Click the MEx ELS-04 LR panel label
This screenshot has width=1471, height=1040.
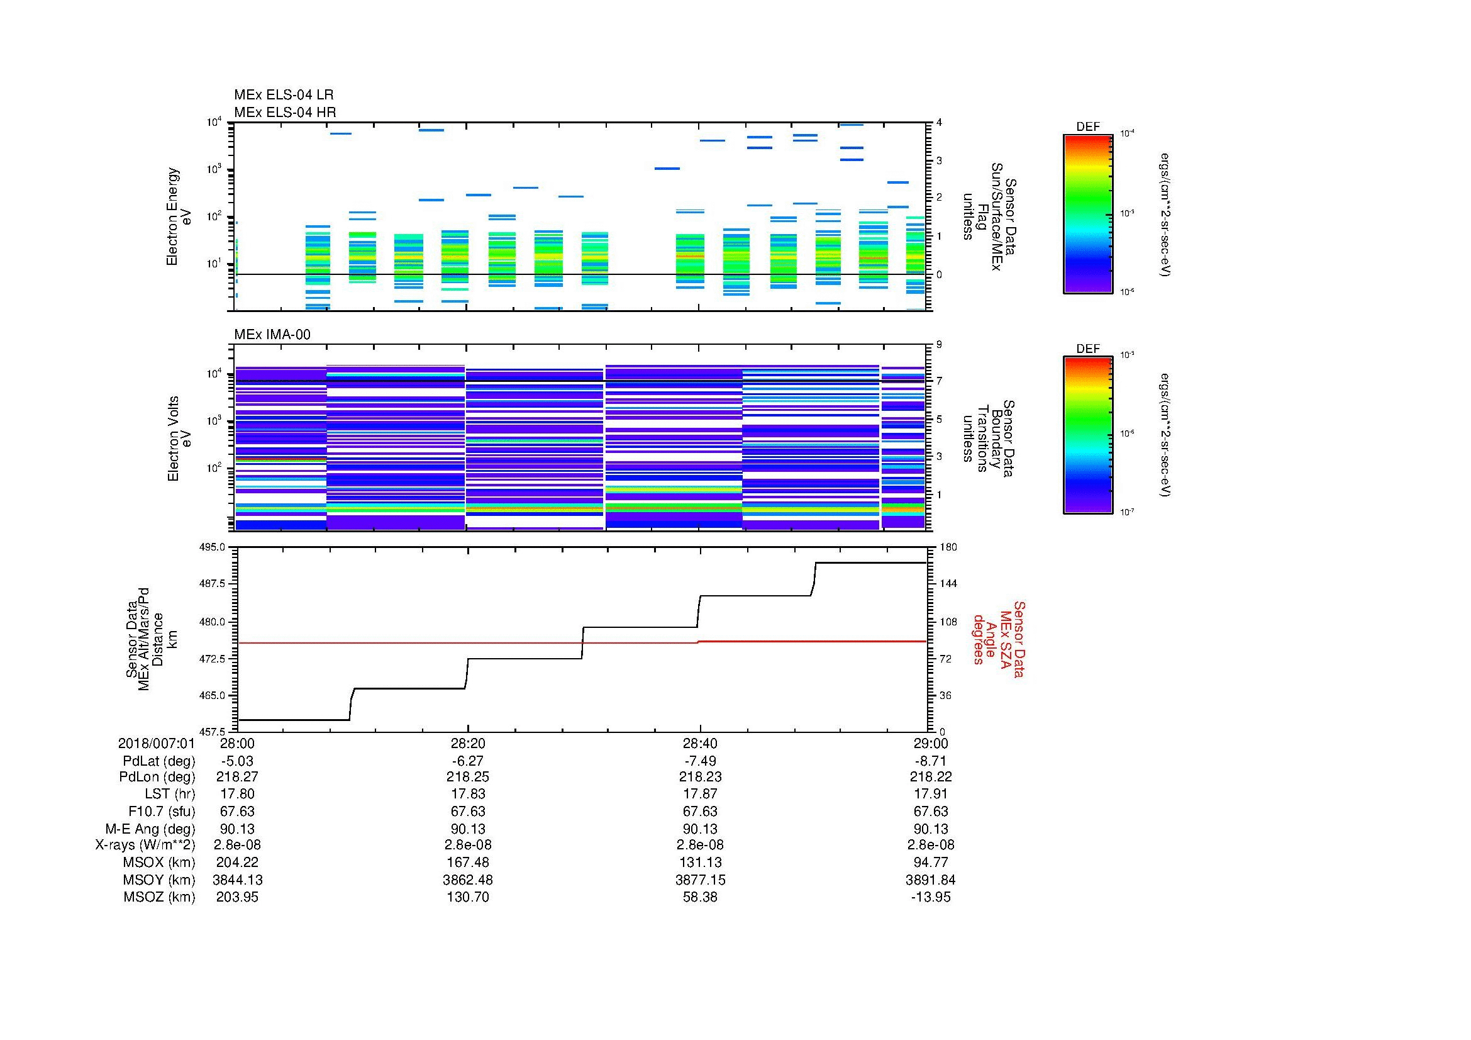[283, 95]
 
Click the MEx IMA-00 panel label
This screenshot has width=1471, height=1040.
[272, 335]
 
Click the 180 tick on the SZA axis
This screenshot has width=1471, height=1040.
[948, 547]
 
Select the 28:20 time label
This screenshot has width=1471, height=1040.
[468, 743]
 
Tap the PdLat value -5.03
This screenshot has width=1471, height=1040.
[237, 761]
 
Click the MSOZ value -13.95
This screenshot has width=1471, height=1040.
[930, 897]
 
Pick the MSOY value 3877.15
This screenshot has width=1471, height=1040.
[700, 880]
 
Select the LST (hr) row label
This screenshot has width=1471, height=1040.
[170, 794]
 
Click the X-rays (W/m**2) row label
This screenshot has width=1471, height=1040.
[145, 845]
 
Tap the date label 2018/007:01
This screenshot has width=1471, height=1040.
[157, 743]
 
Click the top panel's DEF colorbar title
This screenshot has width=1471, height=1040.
[1087, 127]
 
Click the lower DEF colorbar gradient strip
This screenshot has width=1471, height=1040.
[1087, 436]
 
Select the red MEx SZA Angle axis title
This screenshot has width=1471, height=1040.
[998, 639]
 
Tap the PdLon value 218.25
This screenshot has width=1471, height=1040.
[468, 776]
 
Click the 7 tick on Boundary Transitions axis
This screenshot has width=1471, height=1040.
[939, 381]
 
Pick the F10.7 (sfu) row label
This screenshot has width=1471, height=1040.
[162, 811]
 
